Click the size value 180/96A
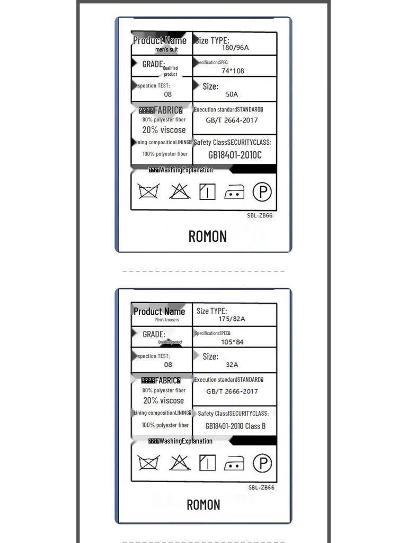click(x=235, y=48)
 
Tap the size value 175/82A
click(x=232, y=319)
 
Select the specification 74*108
click(x=233, y=71)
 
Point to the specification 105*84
click(x=232, y=342)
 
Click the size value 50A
click(x=232, y=94)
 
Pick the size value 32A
click(x=232, y=365)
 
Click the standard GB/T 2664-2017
click(x=232, y=120)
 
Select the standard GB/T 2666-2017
click(x=232, y=391)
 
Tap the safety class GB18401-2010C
click(x=235, y=155)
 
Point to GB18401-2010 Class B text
click(x=235, y=426)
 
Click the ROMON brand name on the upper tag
click(x=208, y=237)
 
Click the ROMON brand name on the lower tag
click(x=203, y=505)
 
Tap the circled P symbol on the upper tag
click(x=262, y=191)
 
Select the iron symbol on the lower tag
click(x=234, y=464)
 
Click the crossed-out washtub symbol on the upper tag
click(x=149, y=191)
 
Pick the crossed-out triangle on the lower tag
click(x=180, y=463)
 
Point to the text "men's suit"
click(x=166, y=50)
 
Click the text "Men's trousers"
click(x=167, y=320)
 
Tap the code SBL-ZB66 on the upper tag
click(x=260, y=215)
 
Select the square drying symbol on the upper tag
click(x=207, y=191)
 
